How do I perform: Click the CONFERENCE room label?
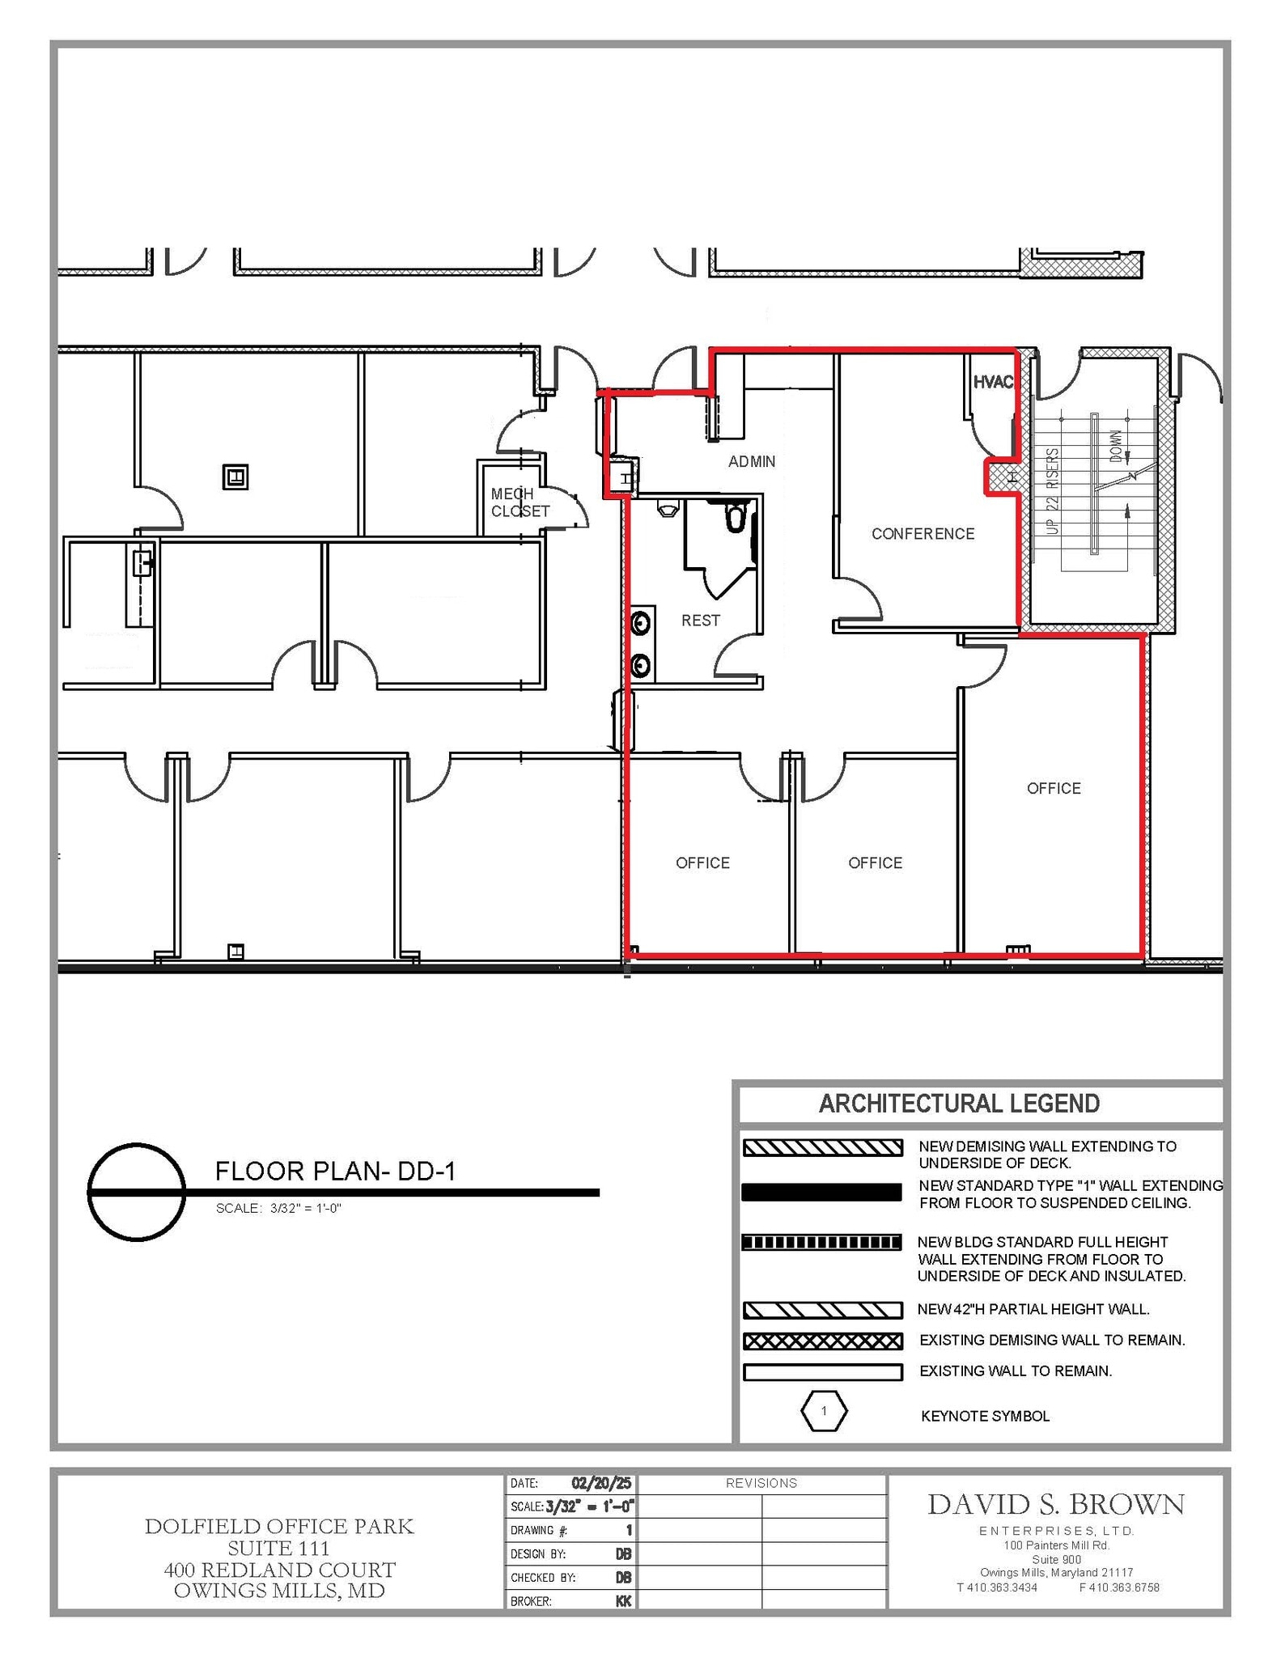pos(923,534)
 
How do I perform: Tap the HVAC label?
pos(992,382)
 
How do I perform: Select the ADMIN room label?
pos(752,461)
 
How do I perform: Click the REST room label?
pos(700,621)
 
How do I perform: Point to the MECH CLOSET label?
pos(520,502)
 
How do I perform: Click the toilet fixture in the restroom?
pos(735,516)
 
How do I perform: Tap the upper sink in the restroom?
pos(641,623)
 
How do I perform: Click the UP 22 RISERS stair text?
pos(1052,491)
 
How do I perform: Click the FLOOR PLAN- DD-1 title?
pos(335,1171)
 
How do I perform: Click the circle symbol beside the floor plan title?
pos(137,1192)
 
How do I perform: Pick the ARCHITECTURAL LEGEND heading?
pos(959,1104)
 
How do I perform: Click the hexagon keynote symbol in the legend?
pos(824,1411)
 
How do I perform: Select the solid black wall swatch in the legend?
pos(821,1192)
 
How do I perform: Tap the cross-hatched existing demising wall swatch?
pos(822,1341)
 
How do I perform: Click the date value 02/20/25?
pos(600,1483)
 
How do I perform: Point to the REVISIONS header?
pos(761,1483)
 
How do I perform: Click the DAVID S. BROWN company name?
pos(1056,1505)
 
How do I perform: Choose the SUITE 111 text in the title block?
pos(278,1548)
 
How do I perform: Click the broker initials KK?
pos(623,1600)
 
